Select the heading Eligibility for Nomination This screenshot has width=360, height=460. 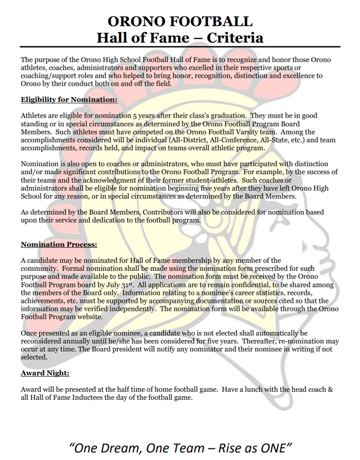[x=69, y=100]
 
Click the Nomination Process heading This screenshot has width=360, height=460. [x=59, y=245]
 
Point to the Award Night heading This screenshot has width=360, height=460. [x=45, y=373]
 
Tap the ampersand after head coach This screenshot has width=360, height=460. [x=330, y=389]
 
